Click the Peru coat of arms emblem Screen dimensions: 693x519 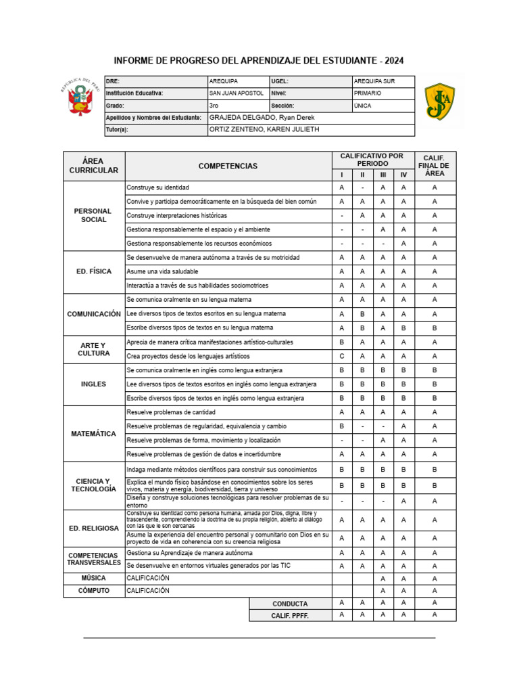tap(80, 100)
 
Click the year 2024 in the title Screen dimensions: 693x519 tap(391, 61)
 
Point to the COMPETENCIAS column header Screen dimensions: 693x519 tap(228, 166)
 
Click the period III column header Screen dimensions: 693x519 tap(383, 175)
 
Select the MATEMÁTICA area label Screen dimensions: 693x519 tap(94, 433)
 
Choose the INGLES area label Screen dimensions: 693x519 tap(94, 384)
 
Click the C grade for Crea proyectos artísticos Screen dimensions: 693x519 tap(342, 356)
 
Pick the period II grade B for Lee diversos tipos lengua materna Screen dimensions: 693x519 tap(363, 314)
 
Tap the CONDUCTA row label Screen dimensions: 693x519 tap(290, 604)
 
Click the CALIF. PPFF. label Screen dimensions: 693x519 tap(290, 616)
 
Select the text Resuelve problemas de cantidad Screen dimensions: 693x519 tap(172, 412)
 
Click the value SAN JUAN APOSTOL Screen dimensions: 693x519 tap(237, 93)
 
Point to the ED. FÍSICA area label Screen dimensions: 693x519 tap(94, 271)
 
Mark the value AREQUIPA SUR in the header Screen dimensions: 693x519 tap(374, 81)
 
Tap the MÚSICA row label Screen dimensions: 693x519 tap(94, 578)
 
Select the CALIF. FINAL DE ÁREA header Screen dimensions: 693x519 tap(435, 166)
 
